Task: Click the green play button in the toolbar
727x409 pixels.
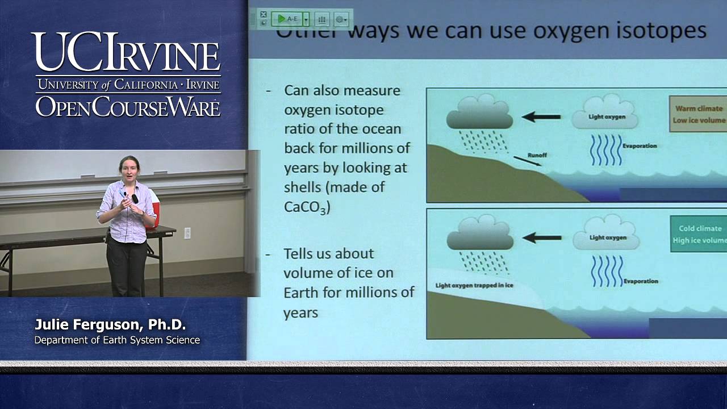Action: (281, 19)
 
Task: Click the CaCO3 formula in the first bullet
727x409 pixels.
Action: (307, 206)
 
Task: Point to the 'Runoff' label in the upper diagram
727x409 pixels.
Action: (537, 155)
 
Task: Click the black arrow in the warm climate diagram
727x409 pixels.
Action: (541, 117)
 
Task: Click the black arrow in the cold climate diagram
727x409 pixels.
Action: (541, 237)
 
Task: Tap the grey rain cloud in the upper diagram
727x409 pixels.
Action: (479, 113)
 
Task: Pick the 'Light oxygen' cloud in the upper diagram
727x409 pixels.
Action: (604, 114)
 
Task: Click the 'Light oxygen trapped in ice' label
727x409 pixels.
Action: (474, 285)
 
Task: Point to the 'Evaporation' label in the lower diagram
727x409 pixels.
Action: (641, 281)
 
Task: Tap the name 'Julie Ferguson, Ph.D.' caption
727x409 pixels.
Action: (110, 325)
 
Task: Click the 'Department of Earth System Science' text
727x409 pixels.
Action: (117, 340)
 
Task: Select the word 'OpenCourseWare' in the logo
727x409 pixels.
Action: (128, 106)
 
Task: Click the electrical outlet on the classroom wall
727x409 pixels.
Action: (187, 232)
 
